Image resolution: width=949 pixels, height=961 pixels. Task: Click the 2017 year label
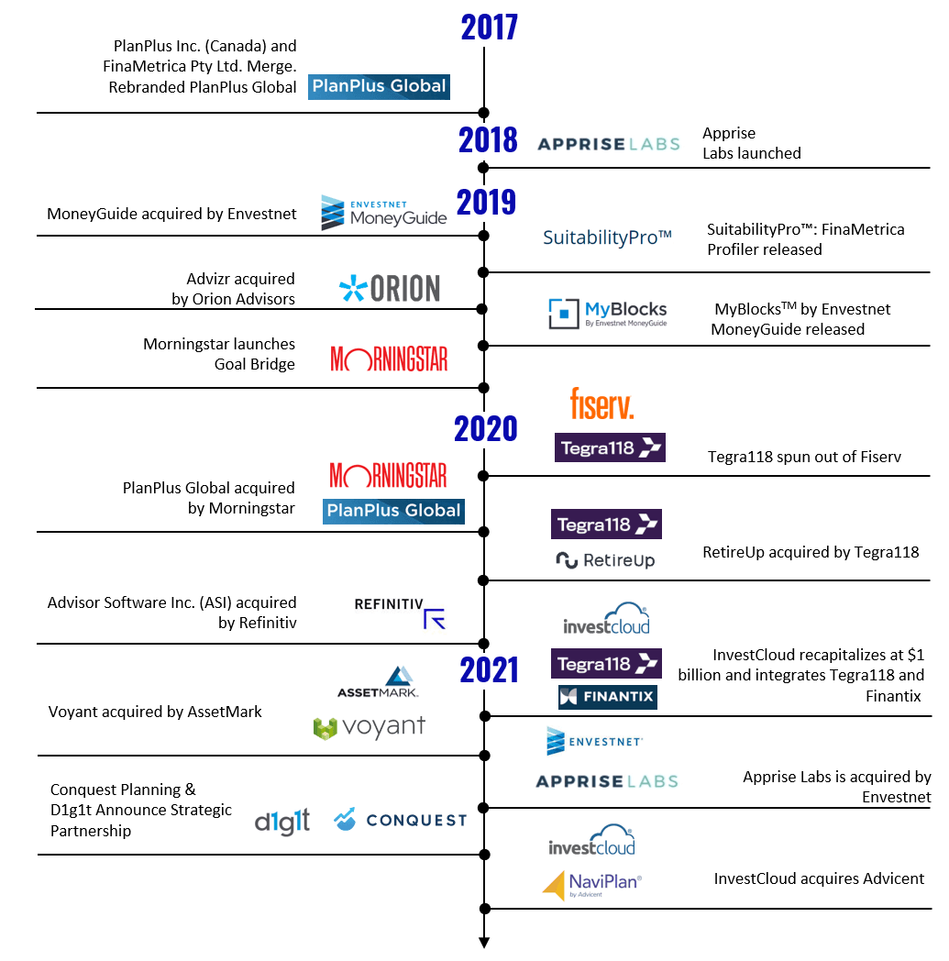pyautogui.click(x=483, y=27)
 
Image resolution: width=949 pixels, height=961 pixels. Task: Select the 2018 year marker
pyautogui.click(x=488, y=139)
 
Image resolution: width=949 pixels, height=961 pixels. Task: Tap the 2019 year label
pyautogui.click(x=486, y=202)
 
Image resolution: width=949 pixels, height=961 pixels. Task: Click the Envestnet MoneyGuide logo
pyautogui.click(x=384, y=213)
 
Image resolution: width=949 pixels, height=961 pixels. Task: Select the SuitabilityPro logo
pyautogui.click(x=607, y=239)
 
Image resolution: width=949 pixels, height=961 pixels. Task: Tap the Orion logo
pyautogui.click(x=390, y=289)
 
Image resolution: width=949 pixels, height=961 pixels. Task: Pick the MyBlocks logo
pyautogui.click(x=607, y=314)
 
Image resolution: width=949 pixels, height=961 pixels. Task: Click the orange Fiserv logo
pyautogui.click(x=601, y=404)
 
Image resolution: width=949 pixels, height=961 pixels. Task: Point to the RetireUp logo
pyautogui.click(x=605, y=559)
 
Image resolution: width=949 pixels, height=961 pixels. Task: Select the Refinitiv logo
pyautogui.click(x=396, y=612)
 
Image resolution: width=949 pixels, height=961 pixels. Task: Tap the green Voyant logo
pyautogui.click(x=369, y=728)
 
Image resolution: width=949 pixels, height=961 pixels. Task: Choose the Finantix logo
pyautogui.click(x=607, y=697)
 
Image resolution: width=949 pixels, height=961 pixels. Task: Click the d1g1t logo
pyautogui.click(x=282, y=821)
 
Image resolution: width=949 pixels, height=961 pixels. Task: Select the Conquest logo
pyautogui.click(x=400, y=820)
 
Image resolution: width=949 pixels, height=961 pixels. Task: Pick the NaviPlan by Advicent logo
pyautogui.click(x=591, y=886)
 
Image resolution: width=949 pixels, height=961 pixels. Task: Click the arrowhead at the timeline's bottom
pyautogui.click(x=484, y=943)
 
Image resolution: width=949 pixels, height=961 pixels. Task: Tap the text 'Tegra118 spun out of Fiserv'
pyautogui.click(x=804, y=457)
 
